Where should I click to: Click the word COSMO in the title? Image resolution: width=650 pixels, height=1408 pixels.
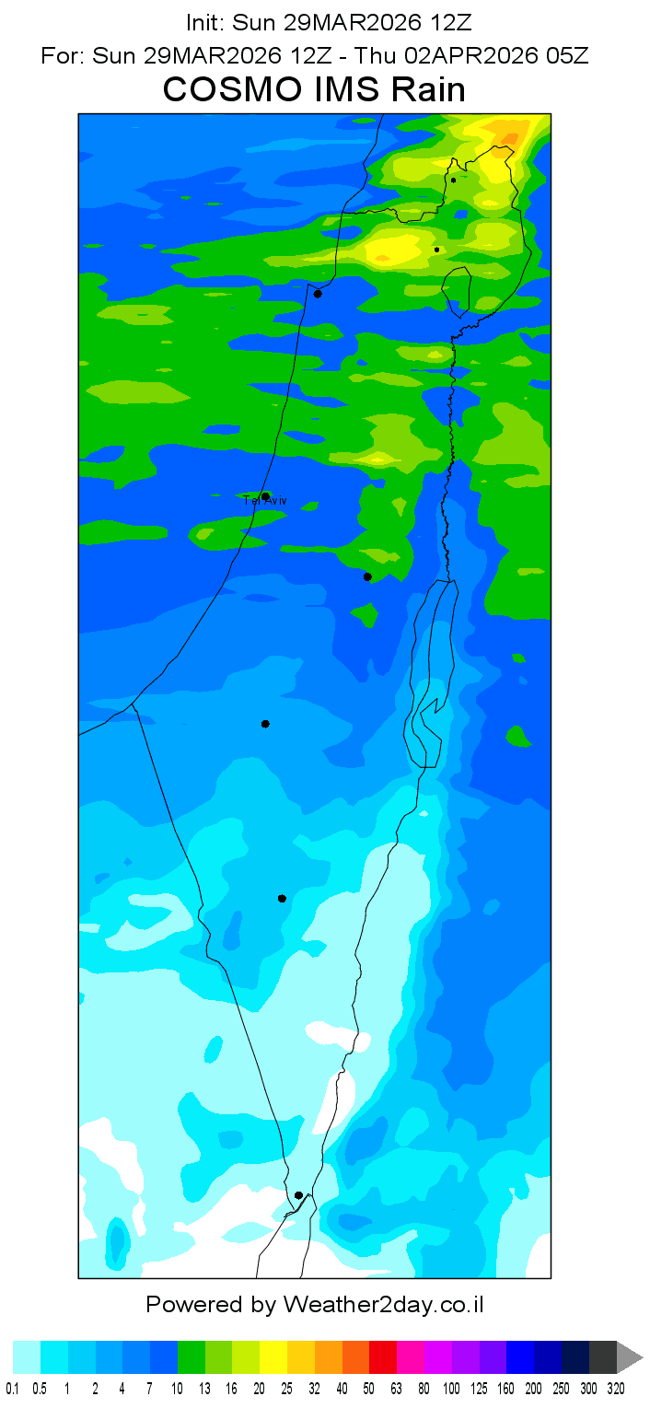223,90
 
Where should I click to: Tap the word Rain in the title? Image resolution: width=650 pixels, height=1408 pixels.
426,90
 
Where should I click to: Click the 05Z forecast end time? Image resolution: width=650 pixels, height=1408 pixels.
567,55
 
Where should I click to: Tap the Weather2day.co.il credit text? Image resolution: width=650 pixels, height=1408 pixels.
384,1304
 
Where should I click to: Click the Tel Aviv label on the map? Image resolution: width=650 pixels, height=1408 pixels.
265,500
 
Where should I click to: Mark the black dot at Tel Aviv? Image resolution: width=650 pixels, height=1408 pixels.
265,496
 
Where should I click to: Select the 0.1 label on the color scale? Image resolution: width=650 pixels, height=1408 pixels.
13,1389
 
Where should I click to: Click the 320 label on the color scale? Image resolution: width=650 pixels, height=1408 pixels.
616,1389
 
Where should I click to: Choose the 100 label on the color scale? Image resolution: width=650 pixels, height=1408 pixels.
452,1389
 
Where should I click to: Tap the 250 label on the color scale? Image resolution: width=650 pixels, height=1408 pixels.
562,1389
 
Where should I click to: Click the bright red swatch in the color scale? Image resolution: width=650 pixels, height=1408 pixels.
383,1357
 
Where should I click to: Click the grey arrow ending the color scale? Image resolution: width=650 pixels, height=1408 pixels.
629,1357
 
